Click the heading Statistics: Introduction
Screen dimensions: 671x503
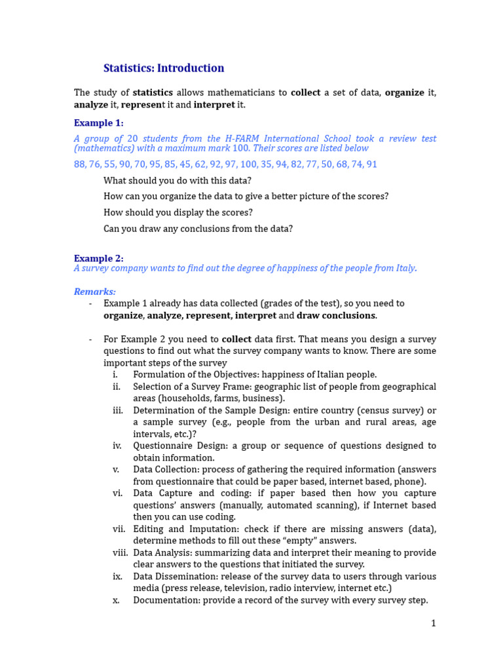164,68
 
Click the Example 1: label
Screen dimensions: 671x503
98,123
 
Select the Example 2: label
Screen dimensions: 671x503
98,258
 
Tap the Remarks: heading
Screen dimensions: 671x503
94,292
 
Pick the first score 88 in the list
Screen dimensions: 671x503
80,164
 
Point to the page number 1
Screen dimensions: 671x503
433,623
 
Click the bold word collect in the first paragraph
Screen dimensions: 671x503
306,93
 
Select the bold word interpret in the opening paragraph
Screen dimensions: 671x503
214,105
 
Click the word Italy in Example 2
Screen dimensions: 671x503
403,268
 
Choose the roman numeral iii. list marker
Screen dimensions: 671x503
117,411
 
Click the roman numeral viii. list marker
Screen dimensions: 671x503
120,553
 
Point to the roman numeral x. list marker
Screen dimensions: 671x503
116,600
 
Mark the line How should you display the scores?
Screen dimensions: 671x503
178,212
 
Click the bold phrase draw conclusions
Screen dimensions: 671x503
336,316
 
